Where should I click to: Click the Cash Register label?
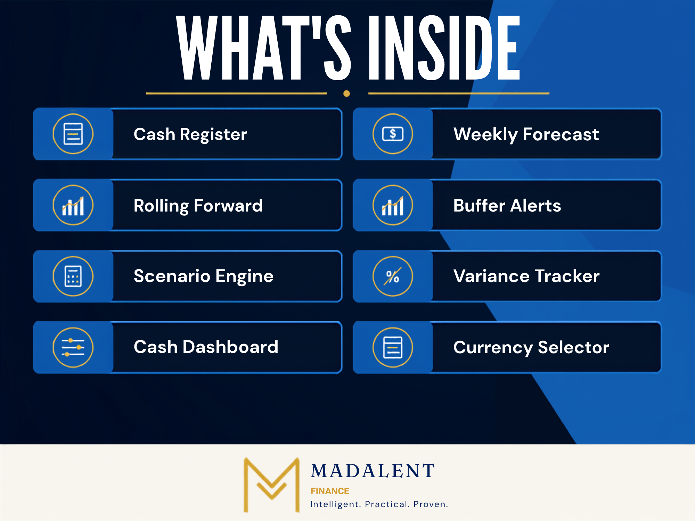pos(190,134)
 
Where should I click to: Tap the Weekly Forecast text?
pos(526,134)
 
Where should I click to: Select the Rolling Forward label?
pos(198,206)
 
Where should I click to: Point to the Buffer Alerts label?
pos(507,205)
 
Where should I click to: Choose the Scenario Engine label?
pos(204,276)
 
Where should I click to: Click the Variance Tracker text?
pos(526,276)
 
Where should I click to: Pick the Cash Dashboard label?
pos(206,347)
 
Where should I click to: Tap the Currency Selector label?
pos(531,347)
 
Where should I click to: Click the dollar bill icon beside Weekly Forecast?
pos(393,134)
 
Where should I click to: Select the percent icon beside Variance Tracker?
pos(393,276)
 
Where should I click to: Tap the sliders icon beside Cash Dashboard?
pos(73,347)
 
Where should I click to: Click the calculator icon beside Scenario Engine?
pos(73,276)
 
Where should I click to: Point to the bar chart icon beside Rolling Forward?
pos(73,206)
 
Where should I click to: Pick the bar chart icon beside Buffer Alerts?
pos(393,206)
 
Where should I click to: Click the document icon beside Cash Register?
pos(73,134)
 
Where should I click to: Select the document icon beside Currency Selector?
pos(393,347)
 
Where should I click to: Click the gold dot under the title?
pos(346,93)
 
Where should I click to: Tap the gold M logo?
pos(272,485)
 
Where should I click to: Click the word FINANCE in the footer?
pos(330,491)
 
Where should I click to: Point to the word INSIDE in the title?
pos(444,48)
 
